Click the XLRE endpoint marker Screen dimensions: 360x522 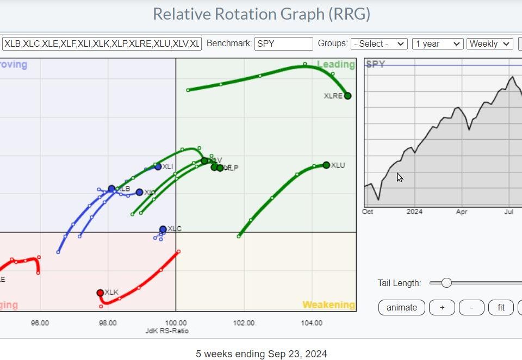coord(347,96)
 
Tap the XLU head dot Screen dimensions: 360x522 coord(326,165)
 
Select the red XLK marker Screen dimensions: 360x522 coord(100,293)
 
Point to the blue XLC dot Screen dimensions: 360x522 coord(163,229)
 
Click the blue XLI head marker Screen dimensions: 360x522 coord(158,166)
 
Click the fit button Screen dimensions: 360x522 coord(501,307)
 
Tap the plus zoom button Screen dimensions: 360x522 coord(442,307)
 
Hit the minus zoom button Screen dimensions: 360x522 coord(471,307)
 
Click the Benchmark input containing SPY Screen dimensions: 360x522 coord(284,44)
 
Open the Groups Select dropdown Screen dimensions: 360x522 coord(379,44)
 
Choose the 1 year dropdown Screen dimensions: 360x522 coord(437,44)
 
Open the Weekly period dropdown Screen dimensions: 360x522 coord(489,44)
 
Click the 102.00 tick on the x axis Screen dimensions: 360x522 coord(244,323)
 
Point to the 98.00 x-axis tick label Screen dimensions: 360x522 coord(108,323)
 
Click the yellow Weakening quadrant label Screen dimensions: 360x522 coord(328,305)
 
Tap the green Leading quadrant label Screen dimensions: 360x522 coord(335,65)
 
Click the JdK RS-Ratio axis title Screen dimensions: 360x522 coord(167,331)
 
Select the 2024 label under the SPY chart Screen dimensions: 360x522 coord(415,212)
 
